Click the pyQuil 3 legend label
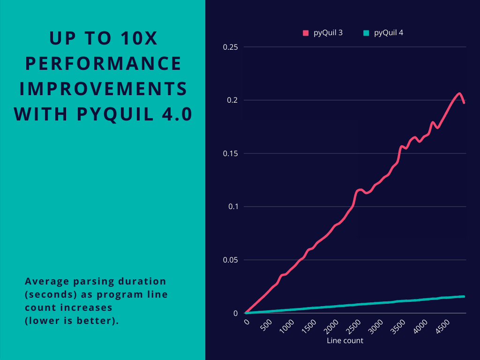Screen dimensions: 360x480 click(328, 33)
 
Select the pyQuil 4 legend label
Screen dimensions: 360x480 click(389, 33)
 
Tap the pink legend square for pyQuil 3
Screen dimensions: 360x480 click(306, 33)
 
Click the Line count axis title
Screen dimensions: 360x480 click(345, 341)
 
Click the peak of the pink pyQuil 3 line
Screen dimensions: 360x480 click(459, 93)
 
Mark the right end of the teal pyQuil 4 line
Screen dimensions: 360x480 click(464, 296)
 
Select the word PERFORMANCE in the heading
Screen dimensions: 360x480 click(103, 63)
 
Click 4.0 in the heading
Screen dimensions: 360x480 click(176, 114)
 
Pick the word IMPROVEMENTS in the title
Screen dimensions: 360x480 click(103, 89)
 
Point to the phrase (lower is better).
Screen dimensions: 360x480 click(72, 321)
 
